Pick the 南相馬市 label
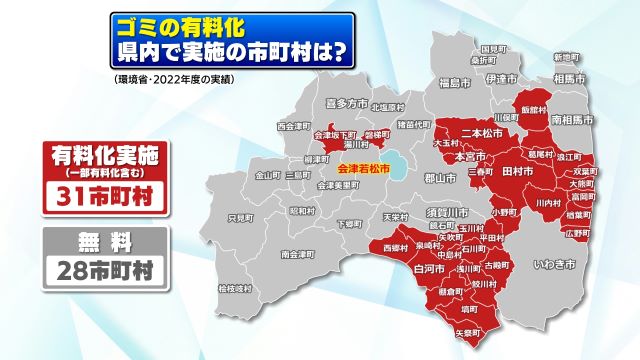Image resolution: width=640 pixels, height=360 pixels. (573, 119)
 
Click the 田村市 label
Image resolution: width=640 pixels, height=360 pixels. (516, 171)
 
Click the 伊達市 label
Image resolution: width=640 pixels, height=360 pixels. (500, 78)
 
